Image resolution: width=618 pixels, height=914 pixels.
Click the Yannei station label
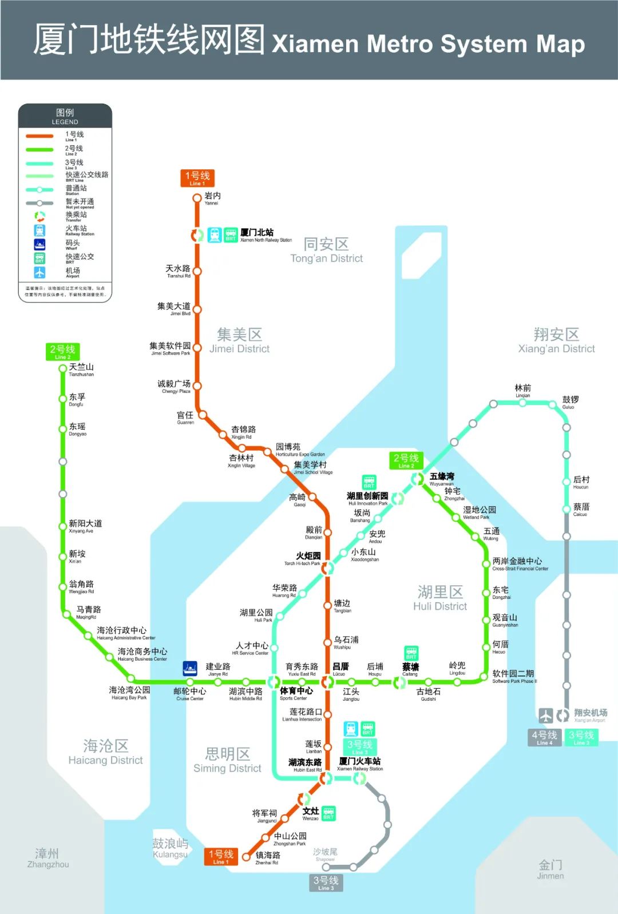(212, 198)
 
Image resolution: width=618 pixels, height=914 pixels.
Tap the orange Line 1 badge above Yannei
(197, 178)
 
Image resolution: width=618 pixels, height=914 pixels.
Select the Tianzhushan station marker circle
(63, 368)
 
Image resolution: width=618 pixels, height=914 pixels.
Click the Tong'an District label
(326, 251)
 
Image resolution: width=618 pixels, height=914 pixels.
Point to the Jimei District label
(239, 341)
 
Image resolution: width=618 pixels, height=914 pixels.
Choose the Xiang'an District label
(556, 341)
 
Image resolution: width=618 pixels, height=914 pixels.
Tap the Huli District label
(440, 598)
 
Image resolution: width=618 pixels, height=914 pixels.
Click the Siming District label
(227, 760)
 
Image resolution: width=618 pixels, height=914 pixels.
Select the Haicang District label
(105, 752)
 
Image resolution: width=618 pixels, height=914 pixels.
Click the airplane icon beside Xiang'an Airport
(546, 715)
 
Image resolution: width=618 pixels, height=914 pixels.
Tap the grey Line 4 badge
(544, 737)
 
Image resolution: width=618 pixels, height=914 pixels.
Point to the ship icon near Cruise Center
(190, 668)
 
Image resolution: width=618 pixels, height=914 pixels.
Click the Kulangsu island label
(170, 848)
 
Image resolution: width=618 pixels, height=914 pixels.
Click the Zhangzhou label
(47, 858)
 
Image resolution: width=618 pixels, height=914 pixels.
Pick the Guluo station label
(571, 402)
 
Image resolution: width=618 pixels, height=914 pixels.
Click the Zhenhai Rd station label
(268, 857)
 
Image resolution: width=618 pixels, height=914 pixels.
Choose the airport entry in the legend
(73, 272)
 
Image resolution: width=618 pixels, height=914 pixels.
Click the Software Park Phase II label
(514, 676)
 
